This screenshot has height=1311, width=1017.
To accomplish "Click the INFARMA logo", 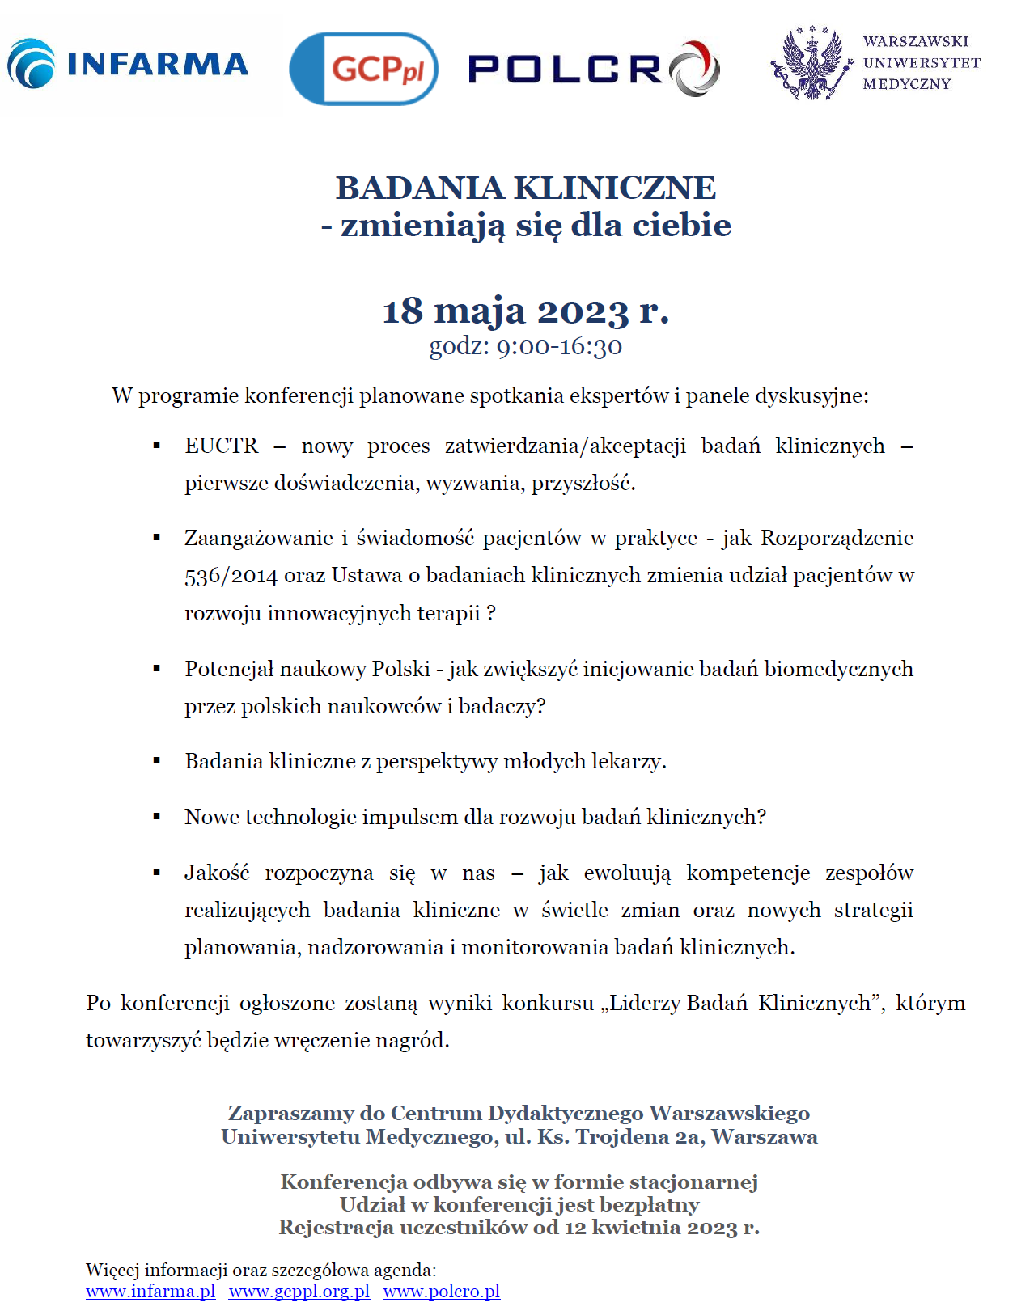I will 128,63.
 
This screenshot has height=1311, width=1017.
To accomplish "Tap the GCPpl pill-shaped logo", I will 364,69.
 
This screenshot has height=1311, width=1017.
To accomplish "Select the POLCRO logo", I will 593,69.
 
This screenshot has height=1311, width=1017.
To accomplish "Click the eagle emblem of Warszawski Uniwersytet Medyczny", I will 811,64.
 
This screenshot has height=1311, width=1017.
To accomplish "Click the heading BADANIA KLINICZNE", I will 526,188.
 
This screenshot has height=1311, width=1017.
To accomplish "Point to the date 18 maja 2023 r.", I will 526,311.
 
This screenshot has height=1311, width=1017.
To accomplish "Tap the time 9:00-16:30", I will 559,346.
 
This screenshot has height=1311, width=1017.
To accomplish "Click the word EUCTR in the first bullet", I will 221,446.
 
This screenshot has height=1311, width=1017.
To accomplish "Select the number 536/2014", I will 231,576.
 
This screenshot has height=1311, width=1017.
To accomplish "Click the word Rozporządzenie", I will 837,538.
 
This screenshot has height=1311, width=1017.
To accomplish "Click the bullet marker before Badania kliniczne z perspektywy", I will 157,761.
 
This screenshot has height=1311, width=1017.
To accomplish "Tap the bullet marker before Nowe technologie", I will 157,817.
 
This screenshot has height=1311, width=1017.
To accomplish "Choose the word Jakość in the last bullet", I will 217,873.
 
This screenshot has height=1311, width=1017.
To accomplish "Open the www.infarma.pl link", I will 150,1291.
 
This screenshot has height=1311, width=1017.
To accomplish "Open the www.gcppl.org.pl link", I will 299,1291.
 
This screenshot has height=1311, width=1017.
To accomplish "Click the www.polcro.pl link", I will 442,1291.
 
